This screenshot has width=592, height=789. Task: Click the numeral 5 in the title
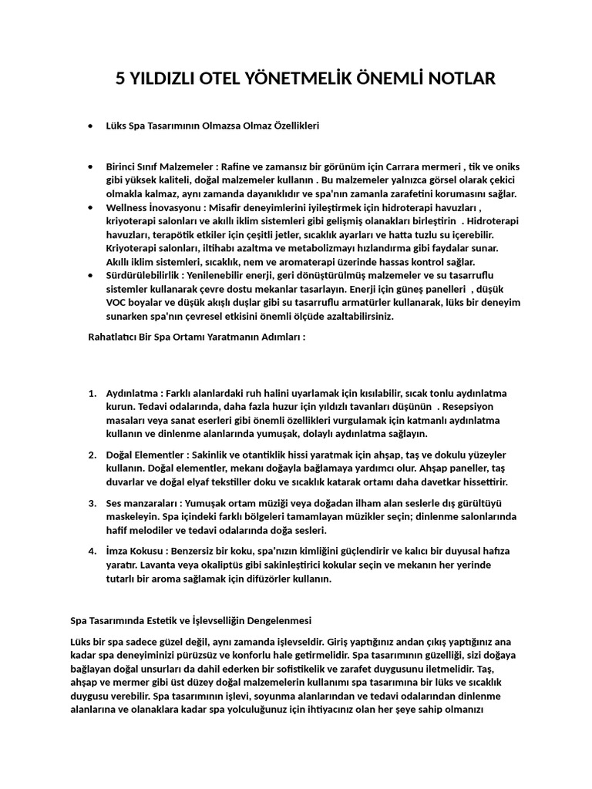click(120, 79)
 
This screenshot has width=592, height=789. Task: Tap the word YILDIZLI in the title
click(166, 79)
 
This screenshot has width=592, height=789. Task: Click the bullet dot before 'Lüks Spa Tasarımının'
click(91, 125)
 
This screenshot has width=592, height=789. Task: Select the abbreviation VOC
click(118, 304)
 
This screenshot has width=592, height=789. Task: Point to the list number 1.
click(92, 393)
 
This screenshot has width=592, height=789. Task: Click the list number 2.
click(92, 455)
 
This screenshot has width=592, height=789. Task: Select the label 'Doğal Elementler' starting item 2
click(145, 455)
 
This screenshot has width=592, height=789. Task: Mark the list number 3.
click(92, 503)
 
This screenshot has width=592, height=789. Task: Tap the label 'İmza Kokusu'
click(136, 552)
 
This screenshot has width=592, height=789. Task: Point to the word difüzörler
click(264, 579)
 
